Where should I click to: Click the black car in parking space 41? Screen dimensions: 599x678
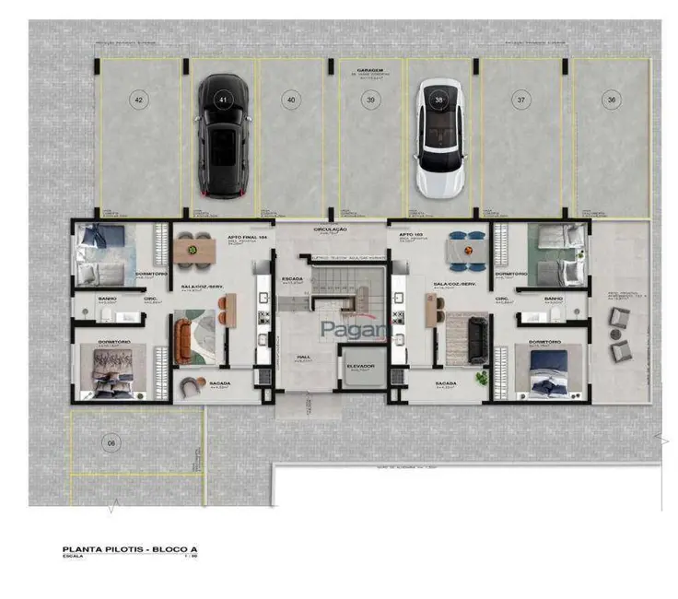coord(222,138)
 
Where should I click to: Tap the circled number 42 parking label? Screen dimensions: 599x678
coord(139,99)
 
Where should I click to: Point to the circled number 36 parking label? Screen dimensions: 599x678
coord(611,99)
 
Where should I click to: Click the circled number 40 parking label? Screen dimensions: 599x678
coord(291,99)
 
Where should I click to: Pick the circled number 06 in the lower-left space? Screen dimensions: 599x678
coord(111,443)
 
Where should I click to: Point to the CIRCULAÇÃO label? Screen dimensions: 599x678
coord(329,229)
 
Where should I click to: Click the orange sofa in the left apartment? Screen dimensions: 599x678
coord(195,326)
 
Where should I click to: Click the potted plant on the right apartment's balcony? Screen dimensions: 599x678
coord(478,377)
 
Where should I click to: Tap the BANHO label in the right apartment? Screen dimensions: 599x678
coord(553,299)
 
